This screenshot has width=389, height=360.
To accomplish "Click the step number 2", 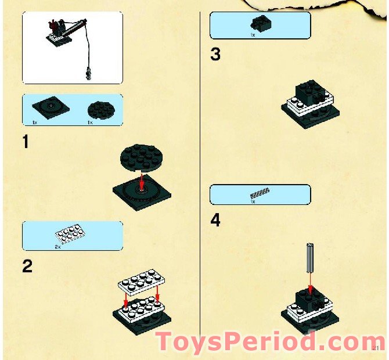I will point(27,267).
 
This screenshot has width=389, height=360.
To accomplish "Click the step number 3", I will point(215,55).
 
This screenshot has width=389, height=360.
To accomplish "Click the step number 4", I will point(215,221).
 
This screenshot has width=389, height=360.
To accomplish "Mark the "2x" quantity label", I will point(57,247).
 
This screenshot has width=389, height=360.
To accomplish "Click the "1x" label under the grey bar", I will point(253,201).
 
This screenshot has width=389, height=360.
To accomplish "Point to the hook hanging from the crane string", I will point(88,73).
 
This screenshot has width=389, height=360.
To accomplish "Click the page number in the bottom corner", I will point(376,348).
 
